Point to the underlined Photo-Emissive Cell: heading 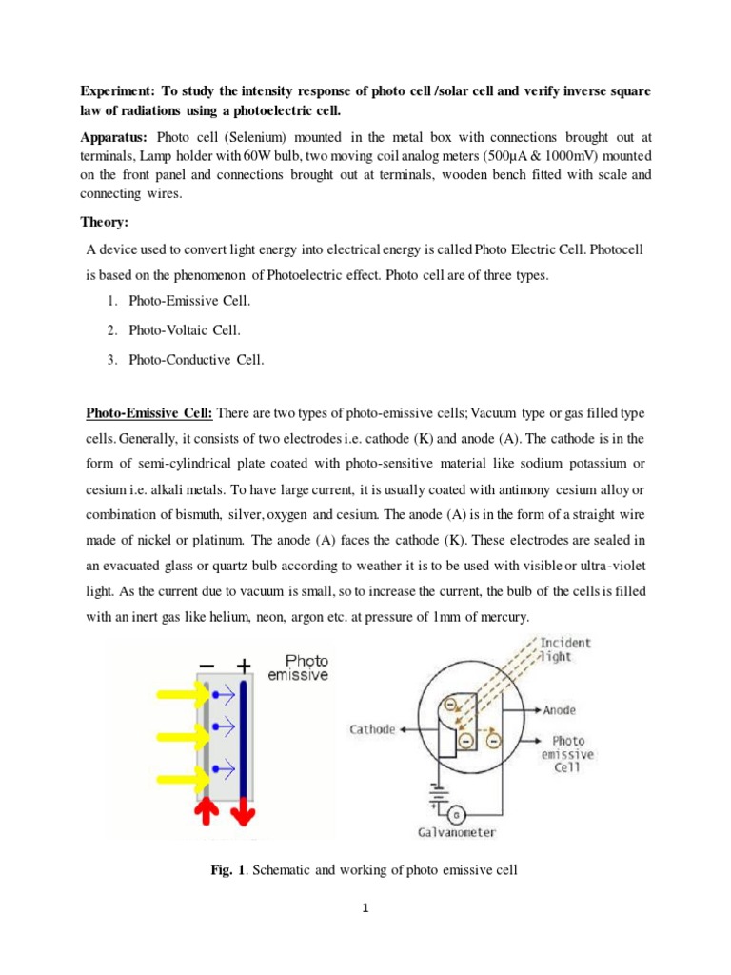tap(151, 413)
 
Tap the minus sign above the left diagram tap(207, 666)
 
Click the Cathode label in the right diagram tap(372, 729)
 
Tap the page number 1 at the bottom tap(365, 907)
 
